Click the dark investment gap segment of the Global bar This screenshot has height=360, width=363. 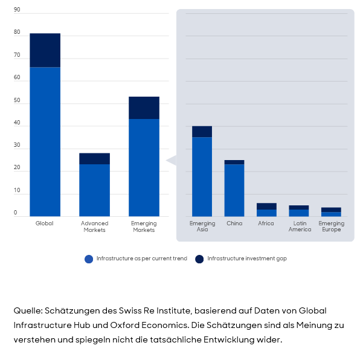coord(45,50)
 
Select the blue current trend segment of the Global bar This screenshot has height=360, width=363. coord(45,141)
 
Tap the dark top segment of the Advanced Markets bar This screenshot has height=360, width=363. coord(94,158)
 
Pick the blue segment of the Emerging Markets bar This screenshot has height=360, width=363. coord(144,167)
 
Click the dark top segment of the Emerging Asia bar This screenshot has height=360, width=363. coord(202,132)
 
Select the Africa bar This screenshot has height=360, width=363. coord(266,210)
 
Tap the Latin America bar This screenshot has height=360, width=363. coord(298,211)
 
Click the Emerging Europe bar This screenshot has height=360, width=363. coord(331,212)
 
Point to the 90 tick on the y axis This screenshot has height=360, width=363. coord(17,10)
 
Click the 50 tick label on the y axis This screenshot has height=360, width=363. coord(17,101)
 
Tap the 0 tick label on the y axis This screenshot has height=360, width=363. coord(16,213)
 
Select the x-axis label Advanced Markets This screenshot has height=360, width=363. coord(94,227)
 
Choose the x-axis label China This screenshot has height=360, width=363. coord(234,223)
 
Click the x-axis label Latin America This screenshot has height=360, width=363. coord(300,227)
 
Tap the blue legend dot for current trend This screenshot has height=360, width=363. coord(89,259)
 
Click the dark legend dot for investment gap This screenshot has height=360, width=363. coord(199,259)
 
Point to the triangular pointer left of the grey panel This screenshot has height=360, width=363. coord(171,161)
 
